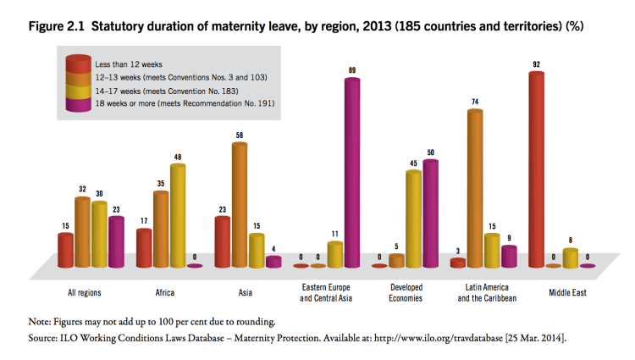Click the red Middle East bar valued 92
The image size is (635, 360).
[x=536, y=169]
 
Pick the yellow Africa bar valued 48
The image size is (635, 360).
[x=177, y=215]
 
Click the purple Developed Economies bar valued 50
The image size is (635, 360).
[x=430, y=213]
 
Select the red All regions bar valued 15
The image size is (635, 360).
[x=65, y=249]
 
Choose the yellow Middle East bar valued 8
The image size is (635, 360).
[x=571, y=258]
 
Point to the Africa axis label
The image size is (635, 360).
[x=165, y=294]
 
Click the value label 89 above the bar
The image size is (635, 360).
[x=351, y=69]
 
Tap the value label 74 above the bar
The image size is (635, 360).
[x=476, y=102]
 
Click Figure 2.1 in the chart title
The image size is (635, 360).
[x=61, y=27]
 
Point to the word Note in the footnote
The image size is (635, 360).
[x=41, y=322]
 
